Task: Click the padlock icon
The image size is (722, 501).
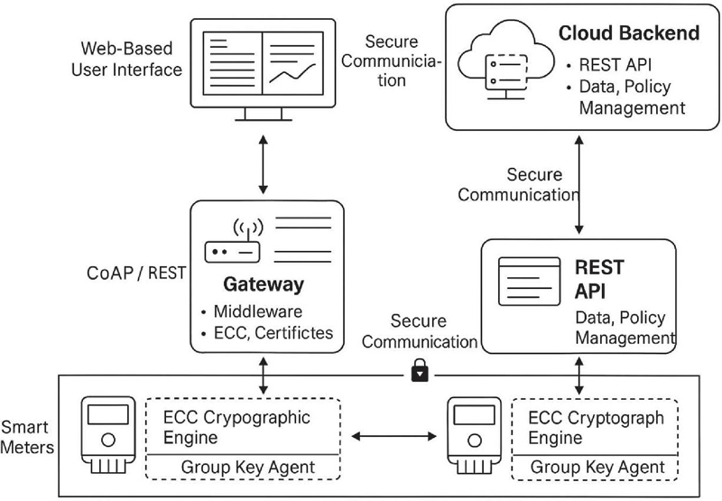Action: [419, 371]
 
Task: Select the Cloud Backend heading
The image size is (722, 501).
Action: [629, 33]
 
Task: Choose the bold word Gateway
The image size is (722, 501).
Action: [264, 285]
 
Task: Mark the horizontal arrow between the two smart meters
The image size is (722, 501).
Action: [394, 437]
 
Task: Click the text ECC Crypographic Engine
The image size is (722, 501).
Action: [236, 427]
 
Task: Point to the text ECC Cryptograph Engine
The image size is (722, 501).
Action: [595, 427]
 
